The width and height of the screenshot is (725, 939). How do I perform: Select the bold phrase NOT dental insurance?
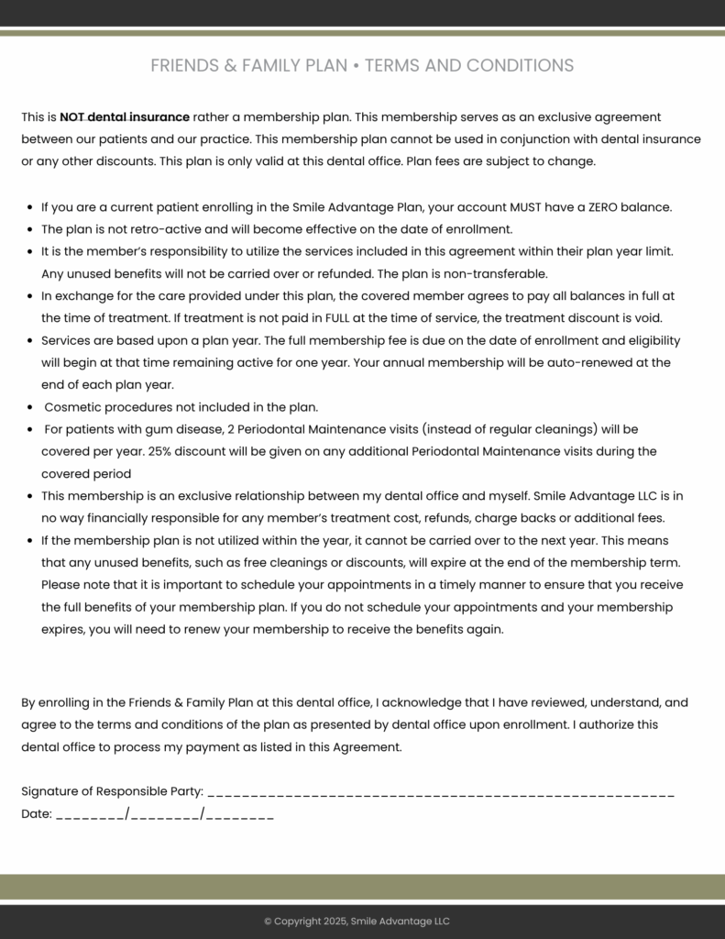point(125,117)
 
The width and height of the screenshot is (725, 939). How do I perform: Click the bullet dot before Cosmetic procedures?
point(32,407)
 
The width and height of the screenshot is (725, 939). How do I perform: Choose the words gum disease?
point(175,429)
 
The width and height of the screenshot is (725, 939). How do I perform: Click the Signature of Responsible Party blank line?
point(441,792)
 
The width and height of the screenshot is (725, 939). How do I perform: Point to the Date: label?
point(37,813)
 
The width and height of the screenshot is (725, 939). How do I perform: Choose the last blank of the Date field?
point(239,814)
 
